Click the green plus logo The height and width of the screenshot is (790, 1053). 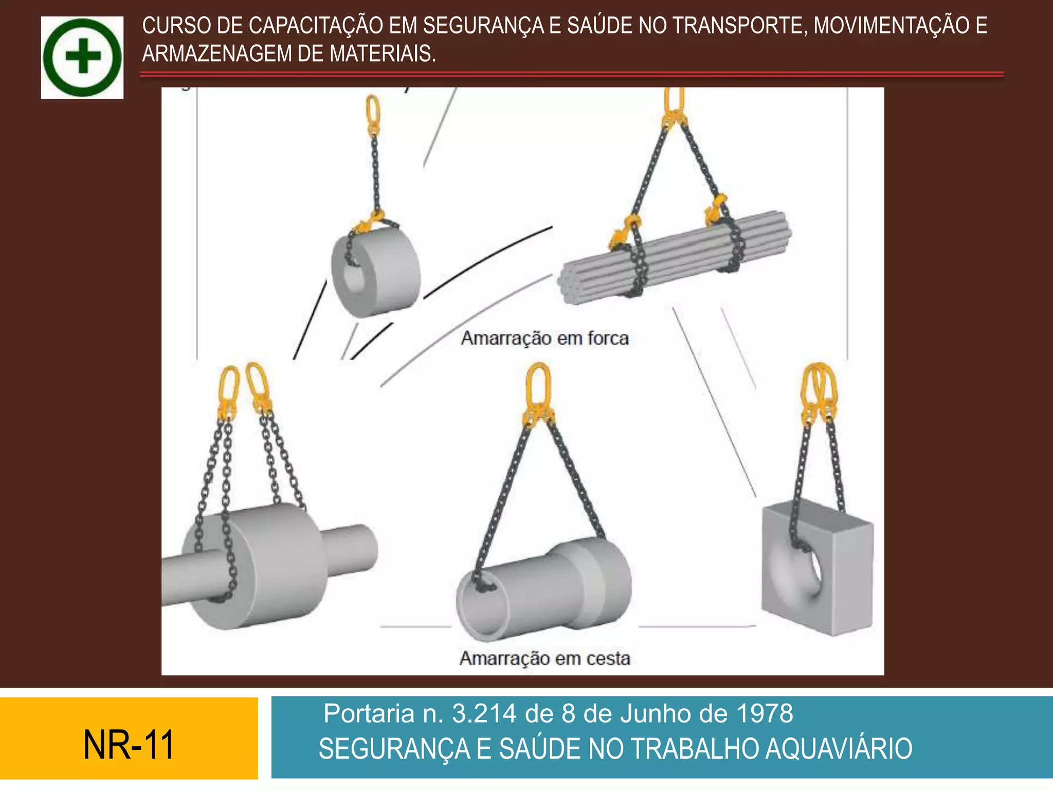click(x=82, y=57)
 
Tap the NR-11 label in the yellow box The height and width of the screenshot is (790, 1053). click(x=129, y=745)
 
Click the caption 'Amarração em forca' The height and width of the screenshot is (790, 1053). click(x=544, y=338)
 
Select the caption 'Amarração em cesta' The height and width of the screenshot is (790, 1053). click(x=544, y=658)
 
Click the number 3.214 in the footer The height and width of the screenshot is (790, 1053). click(x=484, y=714)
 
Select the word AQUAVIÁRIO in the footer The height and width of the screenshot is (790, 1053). click(x=839, y=749)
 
